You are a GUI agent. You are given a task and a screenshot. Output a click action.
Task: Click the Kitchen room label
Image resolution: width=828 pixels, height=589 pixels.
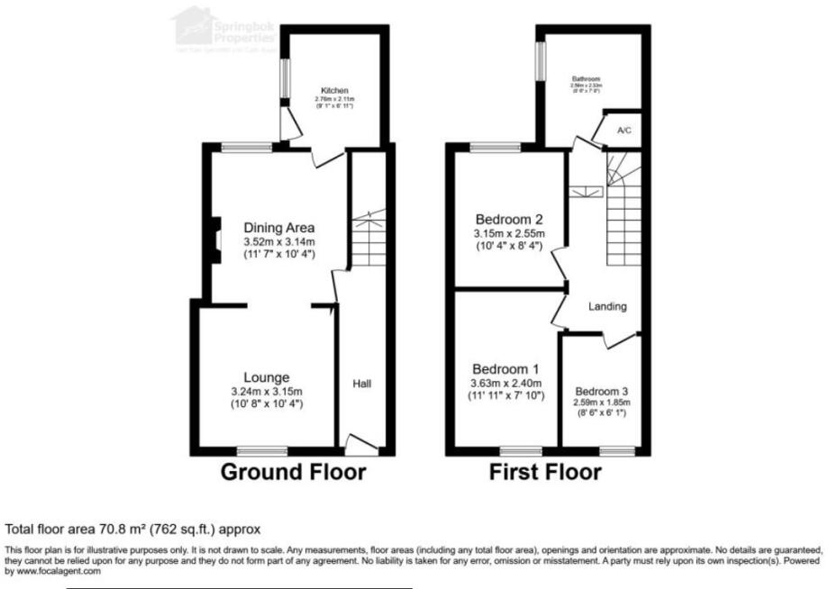pyautogui.click(x=333, y=91)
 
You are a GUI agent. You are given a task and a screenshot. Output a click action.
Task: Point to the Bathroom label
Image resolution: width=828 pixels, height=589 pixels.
pyautogui.click(x=587, y=79)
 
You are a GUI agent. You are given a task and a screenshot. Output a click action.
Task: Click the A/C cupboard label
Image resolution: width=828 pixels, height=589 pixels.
pyautogui.click(x=623, y=131)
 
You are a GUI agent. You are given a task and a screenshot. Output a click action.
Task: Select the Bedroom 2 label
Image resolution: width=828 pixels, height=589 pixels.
pyautogui.click(x=509, y=219)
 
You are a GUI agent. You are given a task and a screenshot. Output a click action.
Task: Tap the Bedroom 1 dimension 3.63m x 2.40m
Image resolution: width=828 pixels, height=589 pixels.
pyautogui.click(x=507, y=382)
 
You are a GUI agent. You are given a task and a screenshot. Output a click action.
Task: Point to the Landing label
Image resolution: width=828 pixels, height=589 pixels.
pyautogui.click(x=607, y=306)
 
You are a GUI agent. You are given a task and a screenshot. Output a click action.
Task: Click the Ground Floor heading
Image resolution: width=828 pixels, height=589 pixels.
pyautogui.click(x=294, y=471)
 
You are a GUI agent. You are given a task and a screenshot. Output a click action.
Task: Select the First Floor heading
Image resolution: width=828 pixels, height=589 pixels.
pyautogui.click(x=545, y=471)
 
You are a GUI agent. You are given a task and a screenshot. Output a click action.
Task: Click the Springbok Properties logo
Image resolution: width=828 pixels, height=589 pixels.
pyautogui.click(x=225, y=27)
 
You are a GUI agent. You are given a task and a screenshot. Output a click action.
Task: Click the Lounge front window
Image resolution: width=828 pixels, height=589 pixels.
pyautogui.click(x=261, y=449)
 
